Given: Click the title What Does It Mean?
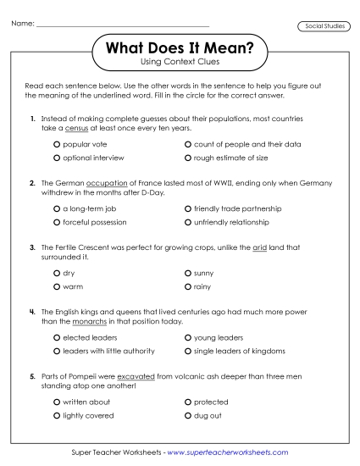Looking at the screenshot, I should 180,50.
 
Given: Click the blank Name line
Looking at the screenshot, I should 123,25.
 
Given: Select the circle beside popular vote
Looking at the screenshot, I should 57,145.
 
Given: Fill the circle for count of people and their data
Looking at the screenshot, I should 187,145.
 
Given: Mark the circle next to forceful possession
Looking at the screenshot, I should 57,223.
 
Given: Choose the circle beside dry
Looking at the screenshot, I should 57,274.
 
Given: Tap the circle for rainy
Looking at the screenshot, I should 187,286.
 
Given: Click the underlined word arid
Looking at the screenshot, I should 259,247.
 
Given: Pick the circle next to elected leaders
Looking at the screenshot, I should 57,338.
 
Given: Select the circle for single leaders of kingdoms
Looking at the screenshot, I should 187,351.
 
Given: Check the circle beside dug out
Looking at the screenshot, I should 187,415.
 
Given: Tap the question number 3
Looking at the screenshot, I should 31,247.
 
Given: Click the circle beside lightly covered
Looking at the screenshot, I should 57,415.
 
